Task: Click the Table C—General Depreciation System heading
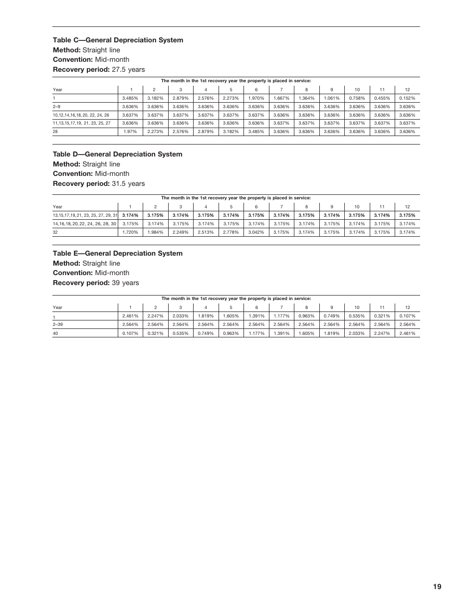tap(118, 40)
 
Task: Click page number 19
tap(437, 587)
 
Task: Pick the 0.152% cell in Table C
tap(407, 98)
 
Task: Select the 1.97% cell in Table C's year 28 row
tap(130, 132)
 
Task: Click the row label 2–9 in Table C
tap(57, 107)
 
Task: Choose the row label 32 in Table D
tap(55, 232)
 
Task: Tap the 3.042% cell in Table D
tap(256, 232)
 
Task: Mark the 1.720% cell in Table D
tap(130, 232)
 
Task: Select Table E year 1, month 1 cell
tap(130, 316)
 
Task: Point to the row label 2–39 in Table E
tap(58, 324)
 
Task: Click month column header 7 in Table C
tap(281, 90)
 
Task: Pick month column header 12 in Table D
tap(407, 207)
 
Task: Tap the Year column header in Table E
tap(58, 307)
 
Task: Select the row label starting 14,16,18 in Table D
tap(84, 224)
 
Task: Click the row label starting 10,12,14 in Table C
tap(81, 115)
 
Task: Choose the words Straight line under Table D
tap(101, 164)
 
